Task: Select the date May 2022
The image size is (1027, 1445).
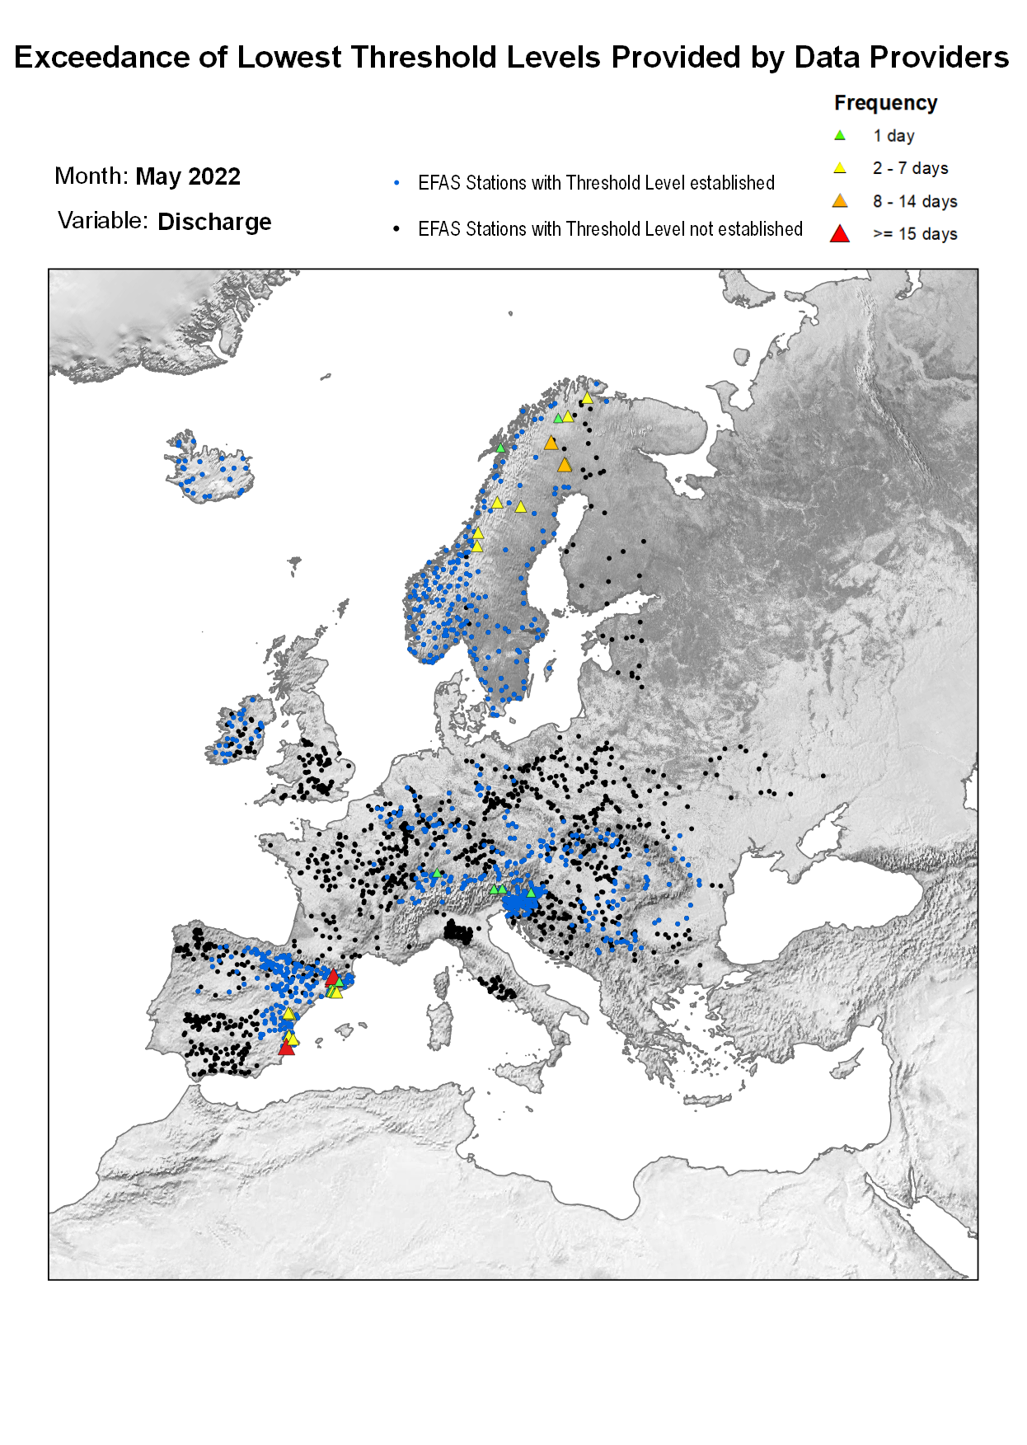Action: tap(188, 176)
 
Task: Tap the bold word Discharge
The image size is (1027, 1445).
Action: tap(214, 222)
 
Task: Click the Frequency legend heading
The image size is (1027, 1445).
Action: tap(885, 103)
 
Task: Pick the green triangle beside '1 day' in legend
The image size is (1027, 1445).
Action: tap(840, 135)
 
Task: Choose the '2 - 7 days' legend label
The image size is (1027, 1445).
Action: tap(910, 168)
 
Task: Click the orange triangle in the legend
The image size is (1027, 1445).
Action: tap(840, 201)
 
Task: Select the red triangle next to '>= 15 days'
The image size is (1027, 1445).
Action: tap(840, 234)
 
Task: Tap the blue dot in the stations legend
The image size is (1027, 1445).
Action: tap(397, 183)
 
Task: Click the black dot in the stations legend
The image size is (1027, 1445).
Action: tap(397, 229)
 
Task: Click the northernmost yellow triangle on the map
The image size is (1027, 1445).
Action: tap(587, 398)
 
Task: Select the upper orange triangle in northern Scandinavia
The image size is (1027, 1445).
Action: tap(551, 443)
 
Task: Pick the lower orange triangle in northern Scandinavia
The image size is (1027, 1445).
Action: tap(565, 466)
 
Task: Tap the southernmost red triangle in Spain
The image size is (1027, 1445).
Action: tap(286, 1048)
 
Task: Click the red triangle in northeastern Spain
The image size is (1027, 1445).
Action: tap(332, 977)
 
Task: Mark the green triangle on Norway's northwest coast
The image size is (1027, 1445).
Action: tap(499, 448)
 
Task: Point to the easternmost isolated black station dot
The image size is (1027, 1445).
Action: tap(823, 776)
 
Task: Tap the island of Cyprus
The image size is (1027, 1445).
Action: tap(846, 1069)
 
